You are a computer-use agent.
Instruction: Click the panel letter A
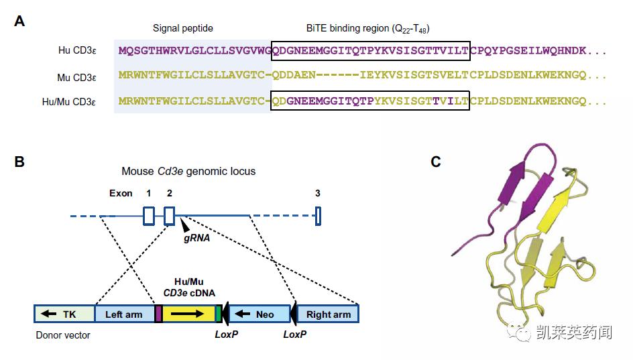(x=19, y=21)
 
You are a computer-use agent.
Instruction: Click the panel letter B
(x=19, y=162)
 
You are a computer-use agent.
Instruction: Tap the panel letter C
(x=436, y=162)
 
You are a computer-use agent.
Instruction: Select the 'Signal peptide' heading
(x=182, y=28)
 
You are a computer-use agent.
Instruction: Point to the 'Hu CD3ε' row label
(x=77, y=50)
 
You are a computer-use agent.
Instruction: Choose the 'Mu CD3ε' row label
(x=76, y=77)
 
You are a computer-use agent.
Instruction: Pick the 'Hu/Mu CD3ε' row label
(x=69, y=102)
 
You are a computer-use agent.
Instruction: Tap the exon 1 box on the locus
(x=149, y=216)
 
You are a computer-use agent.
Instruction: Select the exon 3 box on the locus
(x=318, y=216)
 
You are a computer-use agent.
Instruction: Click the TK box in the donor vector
(x=64, y=314)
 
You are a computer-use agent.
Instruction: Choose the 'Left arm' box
(x=124, y=314)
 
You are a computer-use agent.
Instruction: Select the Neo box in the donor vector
(x=259, y=314)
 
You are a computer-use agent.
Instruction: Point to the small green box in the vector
(x=218, y=314)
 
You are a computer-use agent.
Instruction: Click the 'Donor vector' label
(x=63, y=335)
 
